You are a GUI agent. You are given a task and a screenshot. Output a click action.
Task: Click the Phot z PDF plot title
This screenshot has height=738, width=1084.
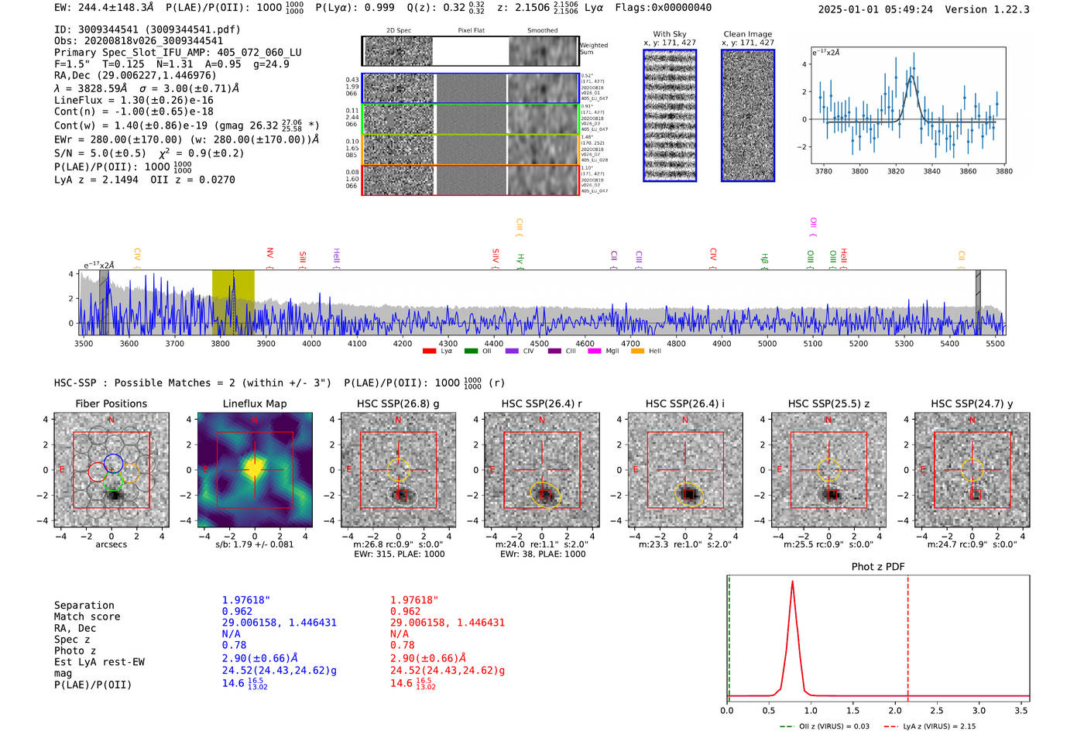[878, 567]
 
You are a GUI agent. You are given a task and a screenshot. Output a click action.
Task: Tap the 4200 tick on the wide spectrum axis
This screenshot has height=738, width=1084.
[403, 344]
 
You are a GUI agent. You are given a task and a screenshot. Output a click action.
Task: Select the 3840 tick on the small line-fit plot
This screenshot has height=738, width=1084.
[931, 171]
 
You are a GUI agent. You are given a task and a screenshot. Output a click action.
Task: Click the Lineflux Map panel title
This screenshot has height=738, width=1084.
[255, 403]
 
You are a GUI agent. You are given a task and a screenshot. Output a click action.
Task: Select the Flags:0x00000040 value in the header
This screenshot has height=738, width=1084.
[664, 8]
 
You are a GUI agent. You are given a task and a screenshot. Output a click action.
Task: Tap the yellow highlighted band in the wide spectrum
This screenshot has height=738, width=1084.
[233, 302]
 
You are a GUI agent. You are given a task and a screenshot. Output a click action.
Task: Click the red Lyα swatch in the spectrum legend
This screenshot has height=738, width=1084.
[429, 352]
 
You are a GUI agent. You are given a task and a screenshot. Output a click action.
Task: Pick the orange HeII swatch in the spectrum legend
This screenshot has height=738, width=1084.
[638, 352]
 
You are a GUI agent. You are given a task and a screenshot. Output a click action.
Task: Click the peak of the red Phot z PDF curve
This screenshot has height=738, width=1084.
[792, 582]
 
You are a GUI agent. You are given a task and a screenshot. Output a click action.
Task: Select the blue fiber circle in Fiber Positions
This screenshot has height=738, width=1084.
[113, 464]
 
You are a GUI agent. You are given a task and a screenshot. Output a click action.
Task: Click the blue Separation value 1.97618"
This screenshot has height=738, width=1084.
[246, 600]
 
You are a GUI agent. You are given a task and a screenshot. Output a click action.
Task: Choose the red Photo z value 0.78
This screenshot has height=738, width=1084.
[402, 645]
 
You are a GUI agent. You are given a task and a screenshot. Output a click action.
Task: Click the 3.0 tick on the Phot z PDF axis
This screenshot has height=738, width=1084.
[979, 710]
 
